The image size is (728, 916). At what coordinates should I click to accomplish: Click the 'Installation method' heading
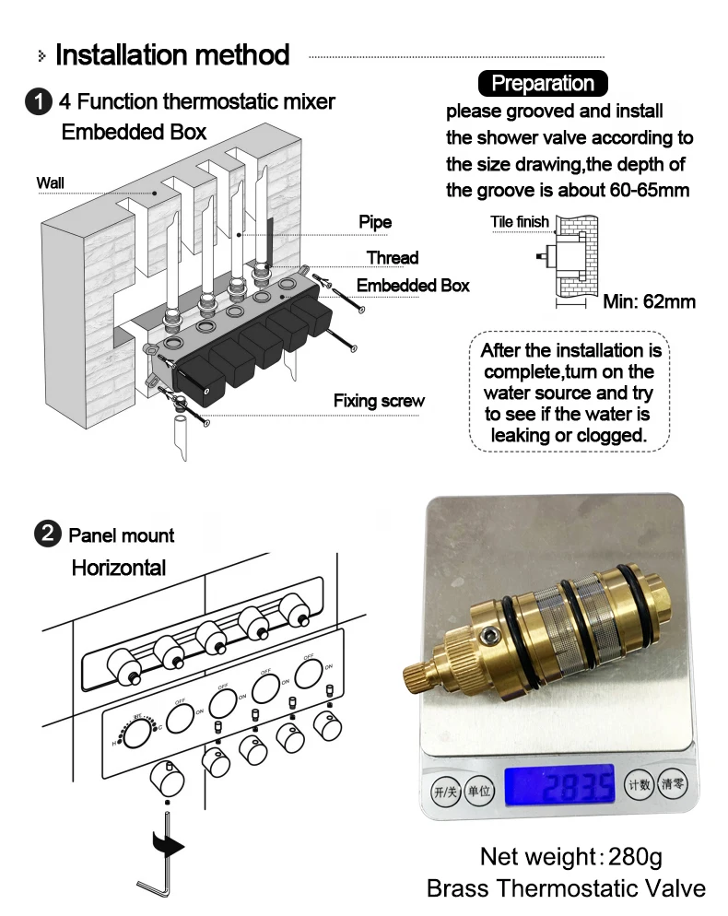tap(172, 55)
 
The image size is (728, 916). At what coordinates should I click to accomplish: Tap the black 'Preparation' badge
tap(543, 84)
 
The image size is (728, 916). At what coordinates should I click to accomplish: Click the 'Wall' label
tap(50, 182)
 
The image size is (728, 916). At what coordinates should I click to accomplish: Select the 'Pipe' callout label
tap(375, 222)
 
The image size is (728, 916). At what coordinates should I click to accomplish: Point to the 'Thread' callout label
tap(393, 258)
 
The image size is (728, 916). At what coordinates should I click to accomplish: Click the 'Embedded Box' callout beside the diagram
tap(413, 286)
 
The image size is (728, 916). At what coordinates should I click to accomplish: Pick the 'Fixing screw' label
tap(379, 401)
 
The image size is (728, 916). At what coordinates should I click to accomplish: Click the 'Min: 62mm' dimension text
tap(649, 302)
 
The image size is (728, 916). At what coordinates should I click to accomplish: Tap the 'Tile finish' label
tap(519, 222)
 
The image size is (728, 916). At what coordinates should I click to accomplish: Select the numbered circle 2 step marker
tap(46, 534)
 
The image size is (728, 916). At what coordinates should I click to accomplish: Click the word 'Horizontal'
tap(119, 568)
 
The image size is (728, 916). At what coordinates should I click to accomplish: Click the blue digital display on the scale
tap(558, 785)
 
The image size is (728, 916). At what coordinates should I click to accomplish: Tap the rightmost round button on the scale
tap(674, 784)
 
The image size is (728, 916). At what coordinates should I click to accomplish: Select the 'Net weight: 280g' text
tap(570, 856)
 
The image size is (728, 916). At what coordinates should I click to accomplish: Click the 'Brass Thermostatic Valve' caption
tap(566, 888)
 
